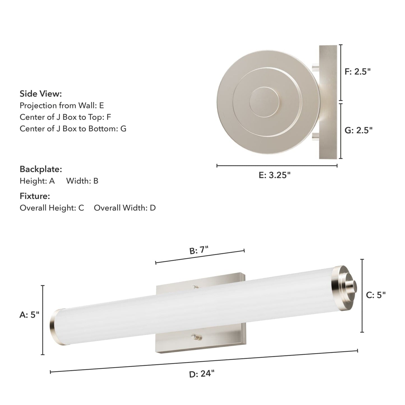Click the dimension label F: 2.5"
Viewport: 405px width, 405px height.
click(358, 71)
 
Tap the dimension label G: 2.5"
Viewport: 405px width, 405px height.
click(358, 130)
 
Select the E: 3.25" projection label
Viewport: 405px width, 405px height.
click(275, 175)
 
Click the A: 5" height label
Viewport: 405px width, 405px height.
click(29, 315)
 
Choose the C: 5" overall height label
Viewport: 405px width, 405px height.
click(376, 295)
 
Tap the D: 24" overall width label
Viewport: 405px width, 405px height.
click(202, 374)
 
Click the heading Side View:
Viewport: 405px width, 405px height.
click(41, 94)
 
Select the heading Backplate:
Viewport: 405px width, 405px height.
click(41, 169)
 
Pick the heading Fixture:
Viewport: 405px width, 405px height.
click(35, 196)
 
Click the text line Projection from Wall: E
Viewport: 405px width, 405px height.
click(62, 105)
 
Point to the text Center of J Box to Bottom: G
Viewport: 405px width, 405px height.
click(73, 129)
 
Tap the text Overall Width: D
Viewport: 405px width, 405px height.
click(125, 208)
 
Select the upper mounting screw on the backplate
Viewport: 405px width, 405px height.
click(195, 286)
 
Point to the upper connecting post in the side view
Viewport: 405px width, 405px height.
click(316, 67)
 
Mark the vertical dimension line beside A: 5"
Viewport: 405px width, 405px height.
click(43, 320)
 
